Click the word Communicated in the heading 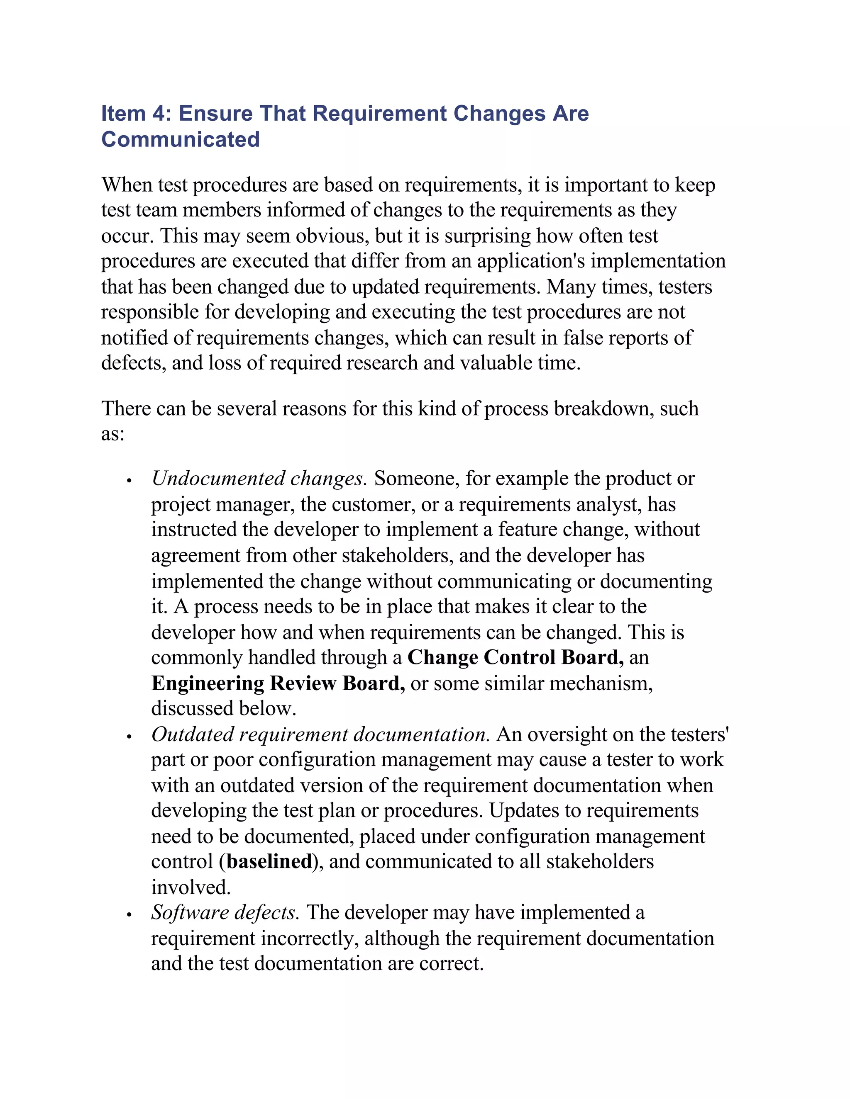pos(180,139)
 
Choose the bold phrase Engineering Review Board pos(278,683)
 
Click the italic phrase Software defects pos(225,912)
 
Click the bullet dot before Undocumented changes pos(129,481)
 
